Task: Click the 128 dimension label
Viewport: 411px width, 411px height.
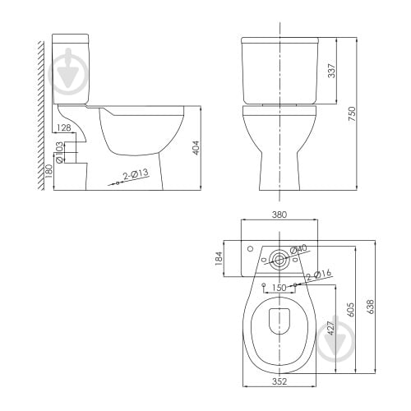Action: pos(64,127)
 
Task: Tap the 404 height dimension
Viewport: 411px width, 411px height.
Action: pos(196,148)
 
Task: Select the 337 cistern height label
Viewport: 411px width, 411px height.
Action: pos(331,71)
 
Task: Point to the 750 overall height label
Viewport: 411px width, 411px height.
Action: pos(352,113)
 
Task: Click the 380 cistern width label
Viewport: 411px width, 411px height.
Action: pos(279,215)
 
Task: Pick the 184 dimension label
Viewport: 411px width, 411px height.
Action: pos(219,258)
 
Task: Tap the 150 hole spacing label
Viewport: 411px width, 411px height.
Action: pos(279,288)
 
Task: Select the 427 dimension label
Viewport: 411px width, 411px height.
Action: pos(331,328)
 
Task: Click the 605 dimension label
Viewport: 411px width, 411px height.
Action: pos(351,310)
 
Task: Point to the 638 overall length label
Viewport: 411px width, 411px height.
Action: pos(370,307)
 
